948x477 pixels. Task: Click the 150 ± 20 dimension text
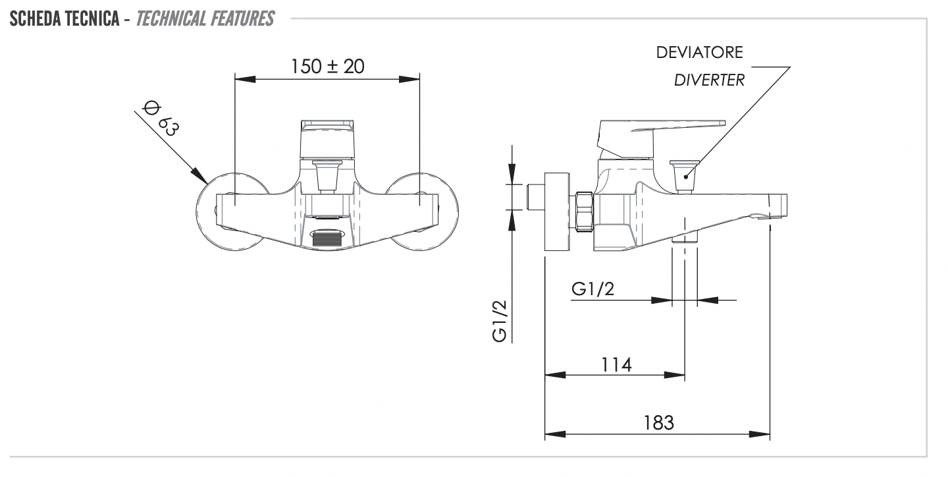(x=327, y=67)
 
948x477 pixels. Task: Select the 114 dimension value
(x=615, y=364)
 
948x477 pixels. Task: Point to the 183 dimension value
(x=658, y=422)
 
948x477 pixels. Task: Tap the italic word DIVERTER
(x=709, y=81)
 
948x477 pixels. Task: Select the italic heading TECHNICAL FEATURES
(x=205, y=20)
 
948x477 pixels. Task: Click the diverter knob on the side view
(x=685, y=173)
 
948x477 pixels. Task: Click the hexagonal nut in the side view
(x=584, y=211)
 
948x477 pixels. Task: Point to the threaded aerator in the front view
(x=327, y=237)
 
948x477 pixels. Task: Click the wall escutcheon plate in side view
(x=557, y=211)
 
